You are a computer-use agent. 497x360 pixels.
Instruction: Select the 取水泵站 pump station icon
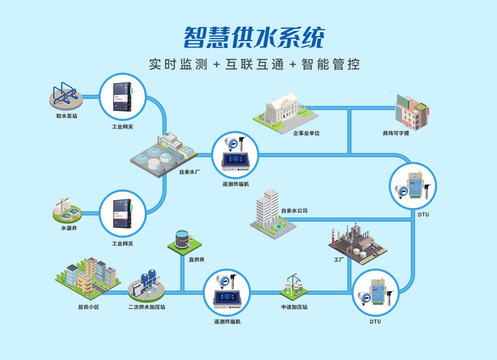point(66,95)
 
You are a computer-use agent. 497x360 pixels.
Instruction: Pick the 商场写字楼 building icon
point(411,112)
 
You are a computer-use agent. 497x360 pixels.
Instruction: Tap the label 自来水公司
point(294,211)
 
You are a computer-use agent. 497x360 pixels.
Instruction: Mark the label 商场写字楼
point(396,133)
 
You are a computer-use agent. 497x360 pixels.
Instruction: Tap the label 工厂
point(339,260)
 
